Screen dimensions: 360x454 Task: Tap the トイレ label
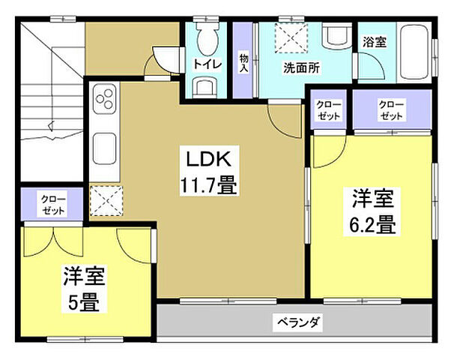coord(207,64)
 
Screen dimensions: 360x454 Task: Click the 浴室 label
coord(374,42)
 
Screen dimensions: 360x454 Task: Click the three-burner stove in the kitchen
coord(105,99)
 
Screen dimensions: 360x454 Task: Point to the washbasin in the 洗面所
coord(333,34)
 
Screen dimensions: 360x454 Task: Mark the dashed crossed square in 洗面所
coord(284,35)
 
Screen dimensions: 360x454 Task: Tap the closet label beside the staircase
coord(52,204)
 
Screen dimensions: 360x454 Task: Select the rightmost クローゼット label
coord(391,110)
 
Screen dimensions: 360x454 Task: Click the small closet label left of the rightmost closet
coord(327,110)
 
